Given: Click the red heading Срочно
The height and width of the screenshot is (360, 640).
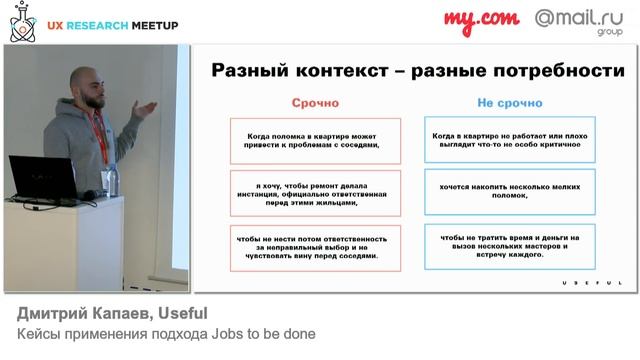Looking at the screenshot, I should point(315,103).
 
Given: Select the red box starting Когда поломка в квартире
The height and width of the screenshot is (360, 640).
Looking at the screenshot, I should point(315,141).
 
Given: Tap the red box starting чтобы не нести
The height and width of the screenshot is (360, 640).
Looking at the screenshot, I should point(315,248).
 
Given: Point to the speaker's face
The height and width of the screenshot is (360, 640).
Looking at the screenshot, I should point(91,87).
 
